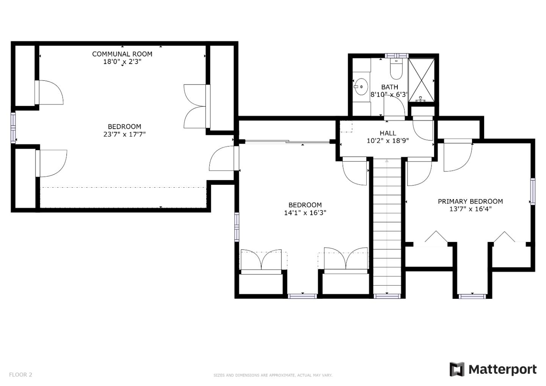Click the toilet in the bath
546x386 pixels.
click(x=396, y=69)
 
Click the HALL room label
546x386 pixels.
click(x=388, y=133)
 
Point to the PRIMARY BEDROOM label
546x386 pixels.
click(x=470, y=201)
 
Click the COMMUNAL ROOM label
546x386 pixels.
click(x=122, y=54)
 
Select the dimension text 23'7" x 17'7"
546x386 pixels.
click(x=124, y=134)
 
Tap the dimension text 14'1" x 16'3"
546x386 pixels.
click(x=305, y=213)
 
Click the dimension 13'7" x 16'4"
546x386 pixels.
click(x=470, y=209)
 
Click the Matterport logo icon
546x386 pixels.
click(x=457, y=369)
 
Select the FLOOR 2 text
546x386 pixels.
click(x=20, y=375)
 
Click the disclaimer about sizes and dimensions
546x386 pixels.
click(x=273, y=375)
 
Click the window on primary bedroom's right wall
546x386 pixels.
click(x=533, y=191)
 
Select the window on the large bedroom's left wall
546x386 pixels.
click(x=13, y=128)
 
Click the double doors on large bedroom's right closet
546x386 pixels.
click(x=195, y=106)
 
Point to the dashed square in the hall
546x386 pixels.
click(x=346, y=126)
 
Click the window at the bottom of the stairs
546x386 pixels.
click(x=386, y=296)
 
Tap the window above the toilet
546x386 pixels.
click(x=396, y=56)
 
